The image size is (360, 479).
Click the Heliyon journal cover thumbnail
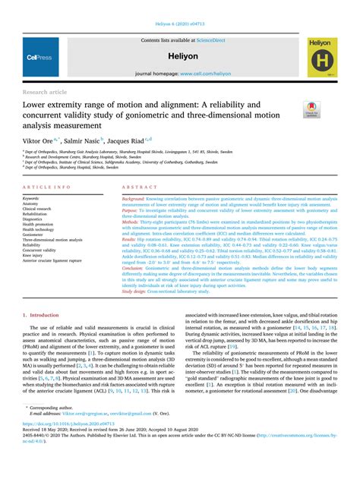327,57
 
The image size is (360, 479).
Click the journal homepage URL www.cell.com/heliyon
204,75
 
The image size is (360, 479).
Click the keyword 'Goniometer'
34,235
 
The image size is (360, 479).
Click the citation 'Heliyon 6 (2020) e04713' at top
180,8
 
